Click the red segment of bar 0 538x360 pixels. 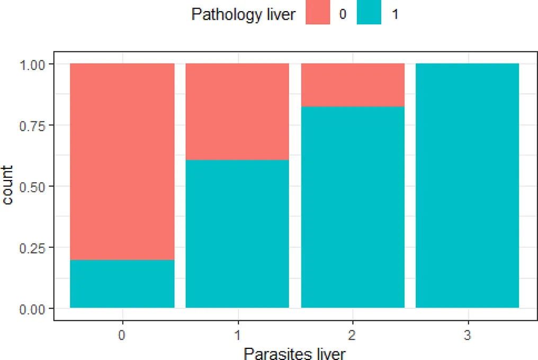coord(122,161)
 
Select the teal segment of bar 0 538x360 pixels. coord(122,284)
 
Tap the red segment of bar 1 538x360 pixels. coord(237,111)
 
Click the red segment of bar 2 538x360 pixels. coord(353,85)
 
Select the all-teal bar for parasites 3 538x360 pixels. coord(468,185)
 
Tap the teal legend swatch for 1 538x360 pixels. coord(369,14)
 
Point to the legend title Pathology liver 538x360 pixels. coord(243,15)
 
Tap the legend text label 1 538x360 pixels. coord(394,15)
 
